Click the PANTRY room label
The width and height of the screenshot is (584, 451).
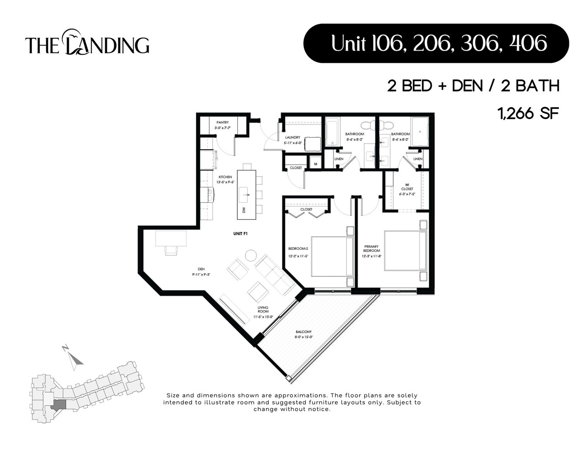(x=223, y=123)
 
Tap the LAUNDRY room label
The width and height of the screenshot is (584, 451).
(x=292, y=137)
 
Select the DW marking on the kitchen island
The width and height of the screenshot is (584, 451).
(x=244, y=210)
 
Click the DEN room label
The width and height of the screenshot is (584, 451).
(x=201, y=269)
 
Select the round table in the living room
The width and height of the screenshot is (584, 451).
(x=251, y=255)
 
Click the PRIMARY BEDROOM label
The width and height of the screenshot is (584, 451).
(x=371, y=249)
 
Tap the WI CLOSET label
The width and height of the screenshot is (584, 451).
(x=407, y=187)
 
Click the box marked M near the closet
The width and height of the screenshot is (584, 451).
(x=315, y=163)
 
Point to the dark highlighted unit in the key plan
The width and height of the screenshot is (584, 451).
(x=58, y=404)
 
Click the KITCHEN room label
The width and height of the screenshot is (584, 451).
(x=225, y=177)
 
